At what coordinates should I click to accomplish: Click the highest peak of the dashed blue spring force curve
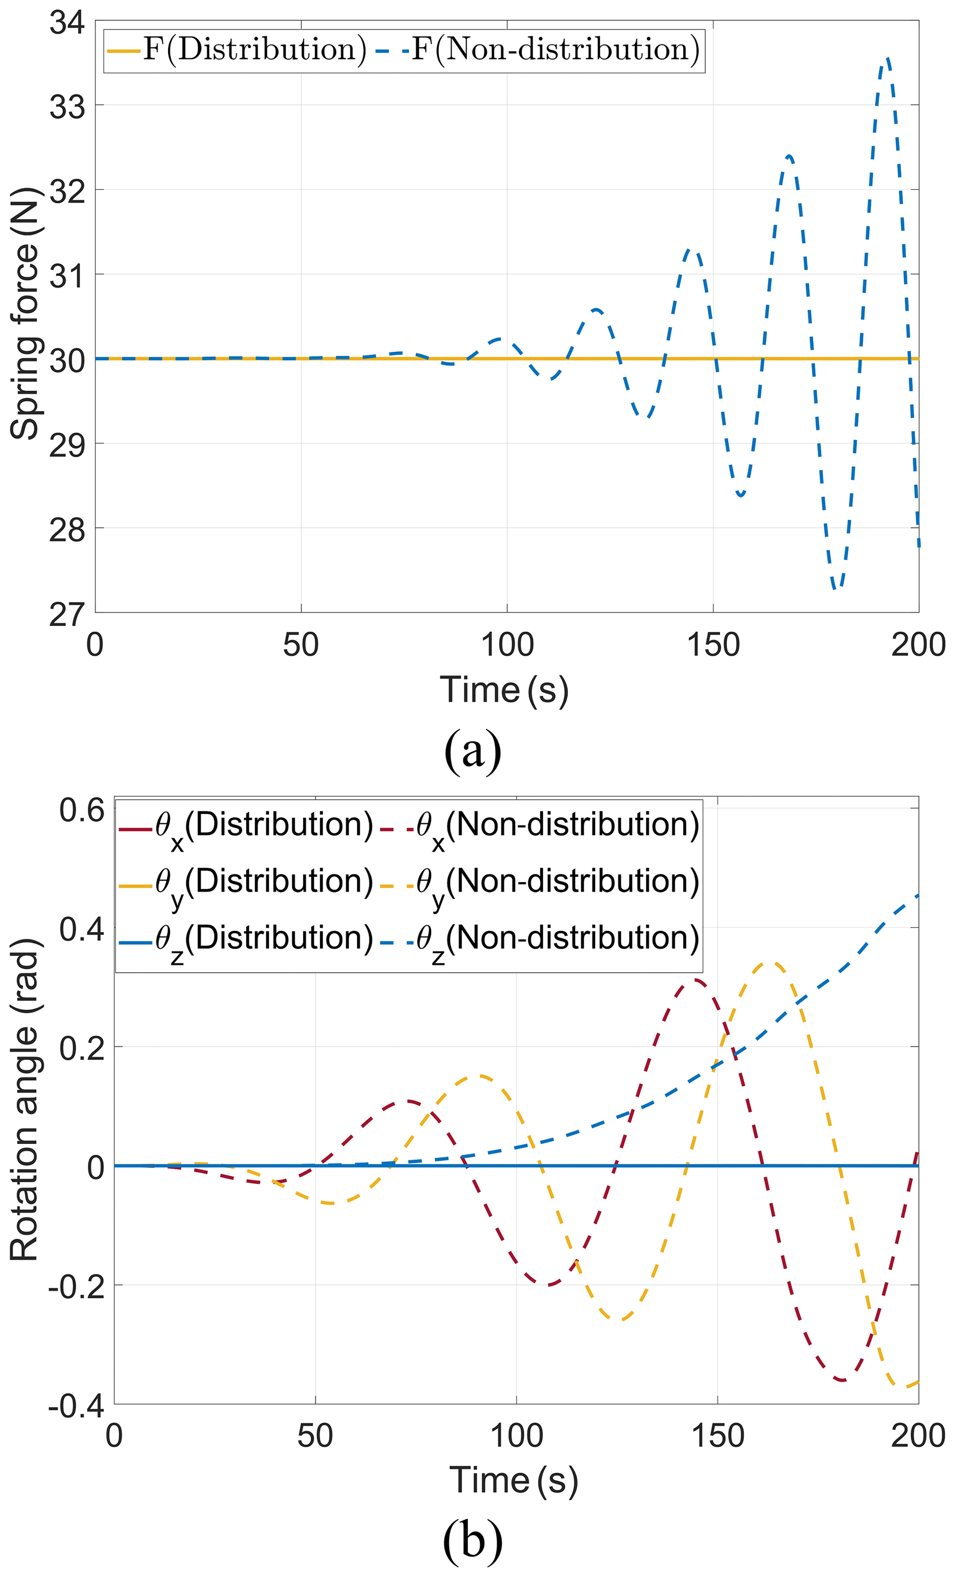click(887, 59)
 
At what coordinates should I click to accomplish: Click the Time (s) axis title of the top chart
click(505, 691)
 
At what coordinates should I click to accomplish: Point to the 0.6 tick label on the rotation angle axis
click(82, 810)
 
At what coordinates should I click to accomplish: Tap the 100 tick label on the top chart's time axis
click(507, 645)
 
